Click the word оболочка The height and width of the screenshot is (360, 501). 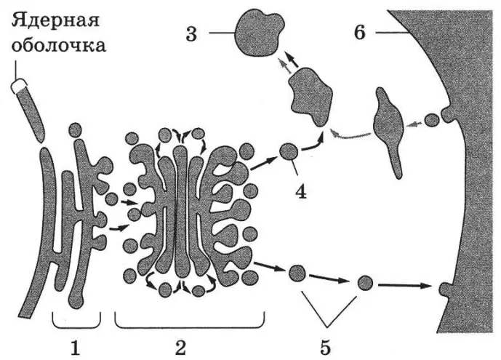pos(59,45)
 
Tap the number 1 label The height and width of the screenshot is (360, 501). pos(75,348)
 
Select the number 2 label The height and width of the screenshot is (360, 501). pos(180,348)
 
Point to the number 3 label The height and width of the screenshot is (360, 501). pos(191,34)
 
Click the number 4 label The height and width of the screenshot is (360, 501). pos(301,192)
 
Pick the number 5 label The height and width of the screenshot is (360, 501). pos(325,348)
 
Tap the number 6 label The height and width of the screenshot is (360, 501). pos(360,33)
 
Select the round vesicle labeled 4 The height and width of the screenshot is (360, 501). pos(289,151)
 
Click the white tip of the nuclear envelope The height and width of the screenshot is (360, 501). pos(18,85)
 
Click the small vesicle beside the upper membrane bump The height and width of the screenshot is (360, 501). pos(431,120)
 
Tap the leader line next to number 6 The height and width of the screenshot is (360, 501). pos(392,33)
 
